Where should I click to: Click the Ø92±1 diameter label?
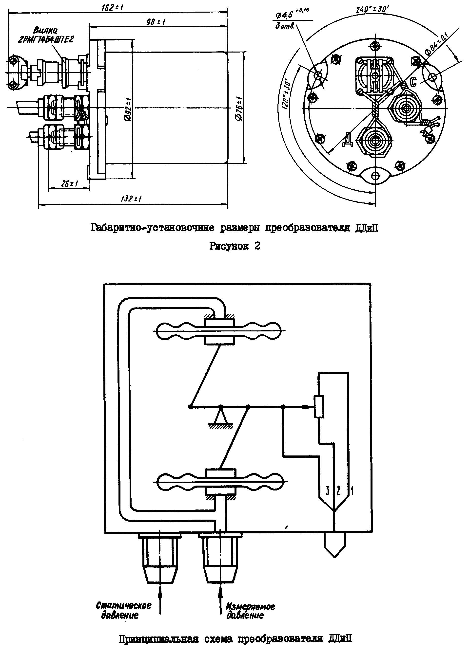point(129,109)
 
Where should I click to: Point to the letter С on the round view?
point(413,82)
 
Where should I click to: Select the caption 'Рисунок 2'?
point(235,246)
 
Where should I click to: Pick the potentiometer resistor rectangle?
point(319,407)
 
